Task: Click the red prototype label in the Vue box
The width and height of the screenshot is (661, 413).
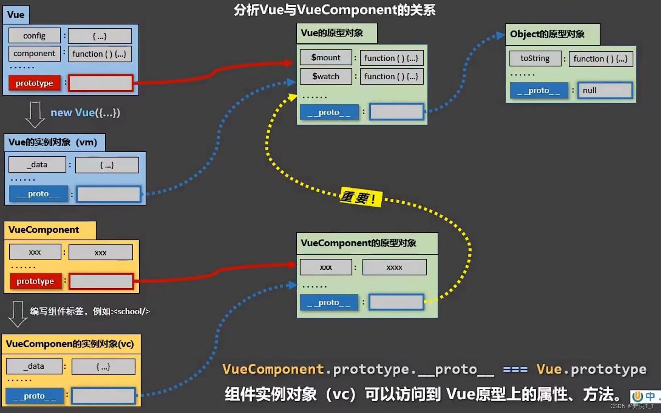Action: click(34, 83)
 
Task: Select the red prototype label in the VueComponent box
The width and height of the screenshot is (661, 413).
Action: click(35, 281)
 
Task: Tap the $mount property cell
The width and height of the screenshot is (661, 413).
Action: click(325, 57)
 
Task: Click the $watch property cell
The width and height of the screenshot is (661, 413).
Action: click(325, 76)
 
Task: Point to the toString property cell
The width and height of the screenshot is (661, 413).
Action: click(535, 58)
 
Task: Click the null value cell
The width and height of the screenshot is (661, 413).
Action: click(605, 90)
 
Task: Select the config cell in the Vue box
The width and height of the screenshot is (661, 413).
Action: click(34, 36)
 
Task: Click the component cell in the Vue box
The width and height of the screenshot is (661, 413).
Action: click(34, 53)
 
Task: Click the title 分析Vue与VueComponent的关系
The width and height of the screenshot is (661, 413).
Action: click(334, 10)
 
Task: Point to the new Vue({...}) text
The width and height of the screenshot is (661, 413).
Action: click(85, 113)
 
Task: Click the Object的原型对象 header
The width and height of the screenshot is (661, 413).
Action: click(547, 34)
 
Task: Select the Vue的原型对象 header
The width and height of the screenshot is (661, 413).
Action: click(332, 33)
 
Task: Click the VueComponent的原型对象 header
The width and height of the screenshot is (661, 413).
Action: click(358, 243)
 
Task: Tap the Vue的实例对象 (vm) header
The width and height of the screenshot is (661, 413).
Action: click(53, 142)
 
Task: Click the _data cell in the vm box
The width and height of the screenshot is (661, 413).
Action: click(37, 164)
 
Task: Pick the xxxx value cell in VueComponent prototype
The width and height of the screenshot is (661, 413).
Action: click(394, 267)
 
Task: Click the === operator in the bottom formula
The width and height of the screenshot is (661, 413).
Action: click(515, 369)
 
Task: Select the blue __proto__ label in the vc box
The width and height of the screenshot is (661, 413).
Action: click(34, 396)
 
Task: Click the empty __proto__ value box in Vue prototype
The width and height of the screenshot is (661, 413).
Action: click(397, 112)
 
